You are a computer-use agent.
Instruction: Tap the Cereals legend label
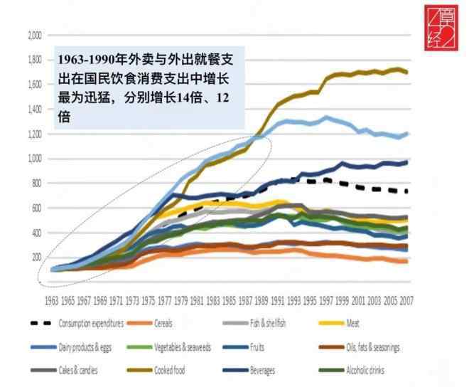166,324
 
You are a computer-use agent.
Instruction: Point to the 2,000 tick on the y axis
33,35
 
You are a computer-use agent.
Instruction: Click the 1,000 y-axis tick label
33,159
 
